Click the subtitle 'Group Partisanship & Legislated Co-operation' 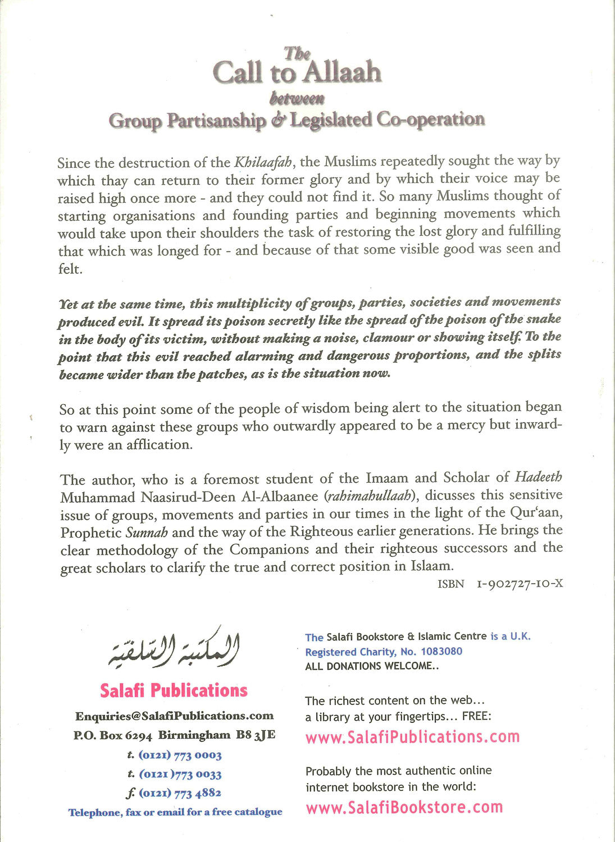click(296, 120)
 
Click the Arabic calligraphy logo click(174, 648)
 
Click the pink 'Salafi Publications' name click(174, 690)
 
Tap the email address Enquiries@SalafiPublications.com click(174, 716)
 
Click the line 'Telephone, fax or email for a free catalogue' click(175, 812)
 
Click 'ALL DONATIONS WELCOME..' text click(371, 666)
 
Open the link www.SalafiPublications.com click(412, 736)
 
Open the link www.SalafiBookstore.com click(404, 807)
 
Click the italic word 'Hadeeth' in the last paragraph click(538, 477)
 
